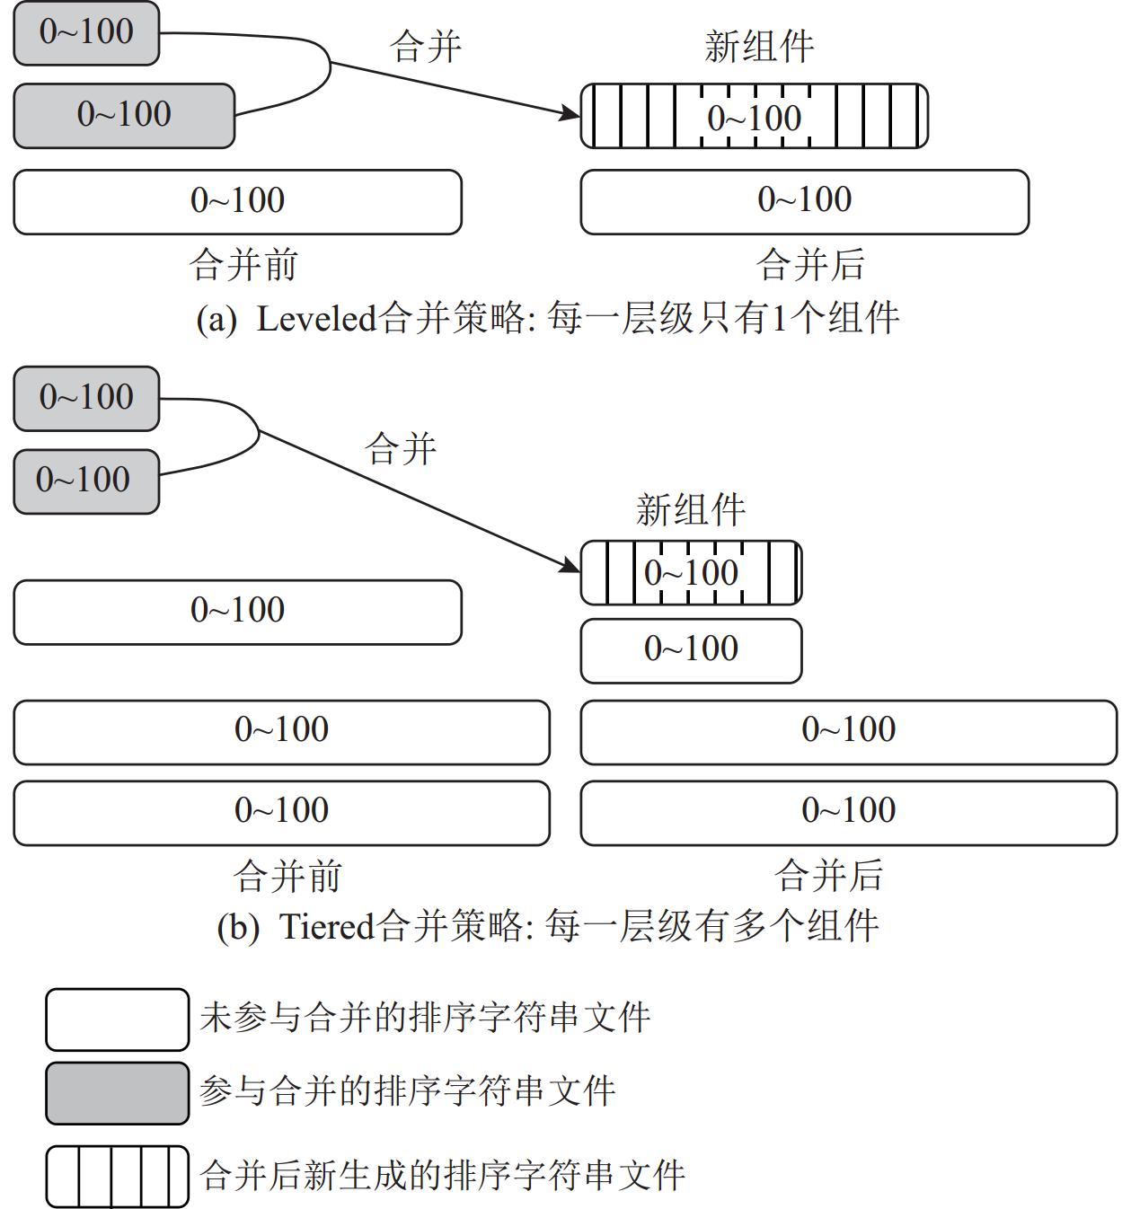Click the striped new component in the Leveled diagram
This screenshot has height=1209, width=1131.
pyautogui.click(x=754, y=116)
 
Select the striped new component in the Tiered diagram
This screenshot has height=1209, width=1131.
pyautogui.click(x=691, y=572)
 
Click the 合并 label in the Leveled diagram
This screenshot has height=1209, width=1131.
pyautogui.click(x=426, y=47)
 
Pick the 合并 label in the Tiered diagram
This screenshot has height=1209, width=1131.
pyautogui.click(x=401, y=448)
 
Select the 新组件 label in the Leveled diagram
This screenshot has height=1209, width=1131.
pyautogui.click(x=759, y=47)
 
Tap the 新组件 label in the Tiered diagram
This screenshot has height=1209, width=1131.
pyautogui.click(x=691, y=509)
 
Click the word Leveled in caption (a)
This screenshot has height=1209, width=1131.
pyautogui.click(x=316, y=318)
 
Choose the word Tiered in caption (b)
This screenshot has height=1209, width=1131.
pyautogui.click(x=327, y=926)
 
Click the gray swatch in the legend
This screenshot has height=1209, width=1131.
pyautogui.click(x=118, y=1093)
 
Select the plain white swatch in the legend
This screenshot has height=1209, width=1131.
pyautogui.click(x=118, y=1019)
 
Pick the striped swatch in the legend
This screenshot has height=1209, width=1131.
pyautogui.click(x=118, y=1176)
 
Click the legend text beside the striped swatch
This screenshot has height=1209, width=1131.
pyautogui.click(x=443, y=1176)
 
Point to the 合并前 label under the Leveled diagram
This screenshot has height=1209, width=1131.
pyautogui.click(x=243, y=265)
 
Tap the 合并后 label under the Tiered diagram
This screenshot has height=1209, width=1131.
pyautogui.click(x=829, y=876)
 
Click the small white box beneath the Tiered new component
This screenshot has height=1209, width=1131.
pyautogui.click(x=691, y=650)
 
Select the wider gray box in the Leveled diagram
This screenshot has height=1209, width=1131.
pyautogui.click(x=124, y=115)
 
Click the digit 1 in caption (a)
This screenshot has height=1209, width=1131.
pyautogui.click(x=779, y=318)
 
